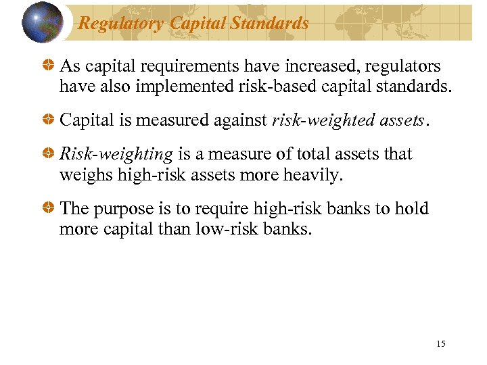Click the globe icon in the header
coord(42,22)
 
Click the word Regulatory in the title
coord(121,24)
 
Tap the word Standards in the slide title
coord(269,24)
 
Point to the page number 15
coord(441,344)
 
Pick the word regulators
coord(402,67)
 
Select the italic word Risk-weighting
coord(116,154)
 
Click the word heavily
coord(312,174)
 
